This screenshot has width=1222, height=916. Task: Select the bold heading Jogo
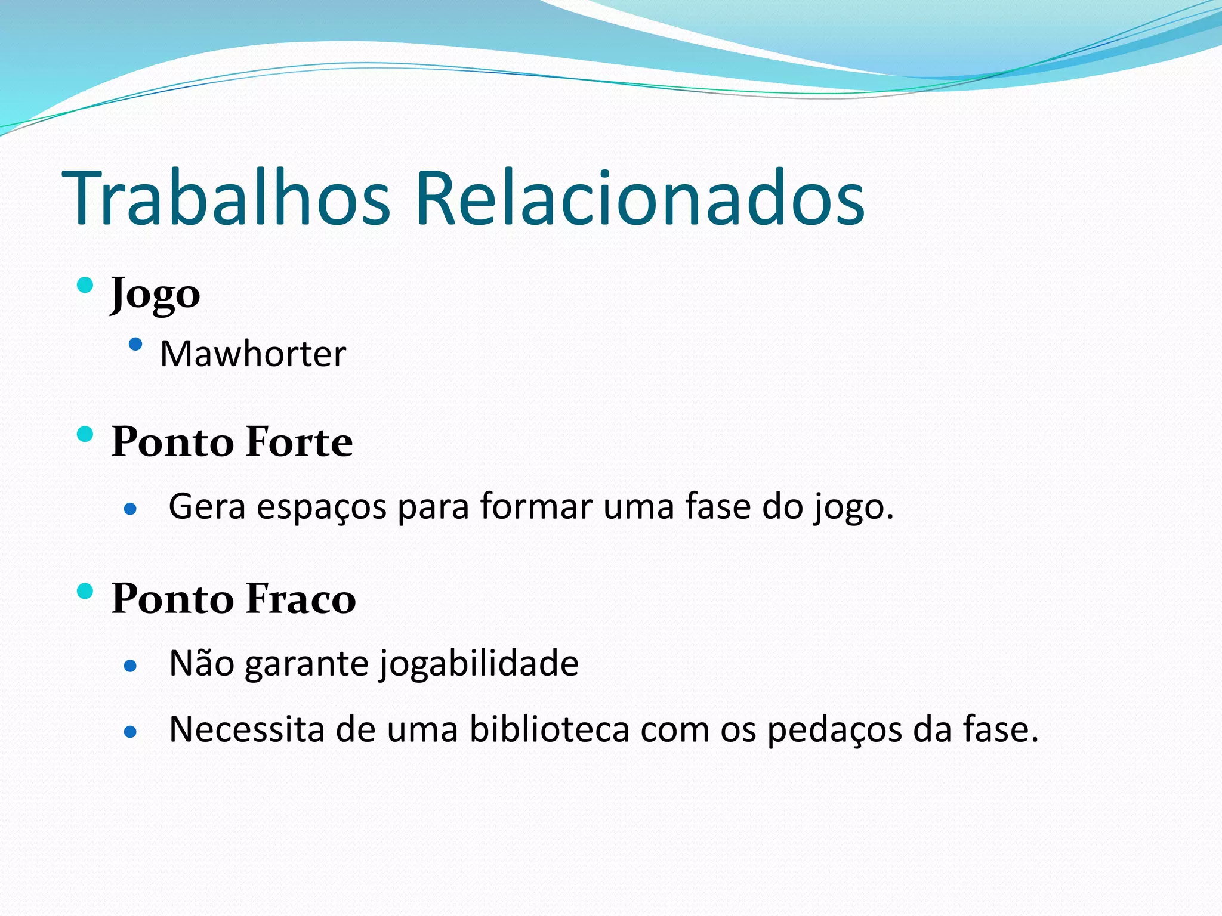click(155, 294)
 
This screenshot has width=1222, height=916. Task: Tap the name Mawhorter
click(253, 354)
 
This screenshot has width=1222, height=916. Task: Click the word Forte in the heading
click(299, 442)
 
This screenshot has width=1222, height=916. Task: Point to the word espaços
click(321, 507)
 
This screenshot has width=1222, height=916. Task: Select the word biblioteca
click(549, 729)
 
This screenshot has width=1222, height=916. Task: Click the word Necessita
click(246, 729)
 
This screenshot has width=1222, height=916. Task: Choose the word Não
click(202, 663)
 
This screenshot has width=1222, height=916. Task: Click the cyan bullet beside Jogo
click(85, 285)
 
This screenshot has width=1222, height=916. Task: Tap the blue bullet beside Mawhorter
click(136, 344)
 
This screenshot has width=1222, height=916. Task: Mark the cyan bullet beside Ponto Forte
click(85, 434)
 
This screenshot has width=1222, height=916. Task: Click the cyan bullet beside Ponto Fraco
click(85, 591)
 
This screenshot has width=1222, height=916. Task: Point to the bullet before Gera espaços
click(131, 509)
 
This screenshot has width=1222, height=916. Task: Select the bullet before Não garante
click(131, 666)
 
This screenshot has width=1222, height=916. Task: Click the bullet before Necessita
click(131, 731)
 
